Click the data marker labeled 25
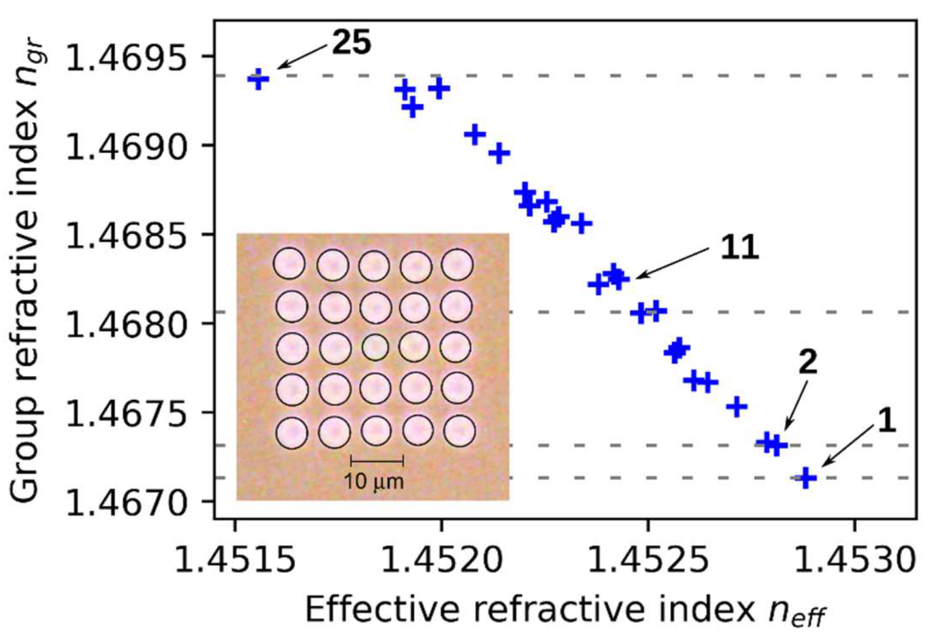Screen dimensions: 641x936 [258, 79]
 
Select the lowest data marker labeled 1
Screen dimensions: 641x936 [806, 478]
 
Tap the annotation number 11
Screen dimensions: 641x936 [740, 247]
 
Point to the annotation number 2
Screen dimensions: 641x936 [807, 363]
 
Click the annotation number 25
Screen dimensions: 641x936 [351, 43]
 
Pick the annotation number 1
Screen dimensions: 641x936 [887, 420]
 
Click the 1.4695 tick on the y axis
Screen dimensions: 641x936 [127, 58]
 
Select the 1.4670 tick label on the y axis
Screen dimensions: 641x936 [127, 502]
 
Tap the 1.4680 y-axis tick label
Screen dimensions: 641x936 [127, 324]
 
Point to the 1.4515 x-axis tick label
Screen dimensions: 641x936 [235, 559]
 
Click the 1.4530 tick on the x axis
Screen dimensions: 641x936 [855, 559]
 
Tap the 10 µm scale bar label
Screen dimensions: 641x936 [373, 482]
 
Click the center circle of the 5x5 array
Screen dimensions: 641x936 [375, 348]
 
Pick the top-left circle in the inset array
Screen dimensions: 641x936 [289, 264]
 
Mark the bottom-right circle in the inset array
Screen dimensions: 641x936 [459, 431]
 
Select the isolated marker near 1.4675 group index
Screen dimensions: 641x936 [737, 406]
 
